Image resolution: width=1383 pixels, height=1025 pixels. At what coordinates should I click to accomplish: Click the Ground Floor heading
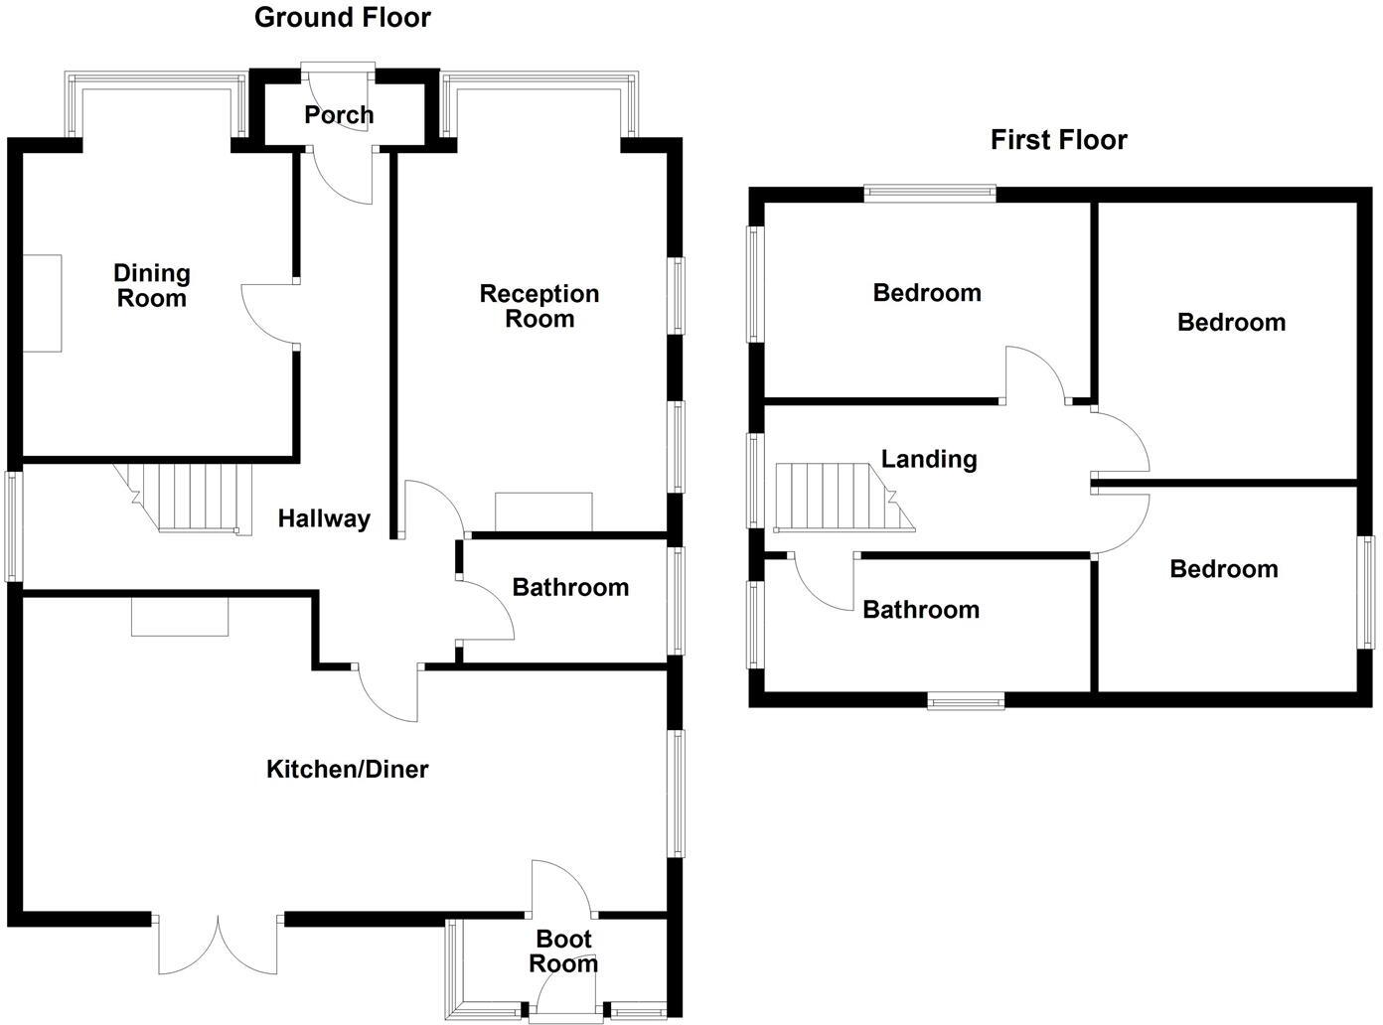point(343,18)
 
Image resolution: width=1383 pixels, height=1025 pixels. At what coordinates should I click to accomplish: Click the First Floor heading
point(1058,140)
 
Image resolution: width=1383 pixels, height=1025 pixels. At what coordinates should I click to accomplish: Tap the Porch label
point(339,115)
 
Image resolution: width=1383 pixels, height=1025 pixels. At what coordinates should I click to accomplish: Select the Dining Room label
point(151,285)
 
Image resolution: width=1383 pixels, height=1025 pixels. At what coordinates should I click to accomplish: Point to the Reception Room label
point(539,306)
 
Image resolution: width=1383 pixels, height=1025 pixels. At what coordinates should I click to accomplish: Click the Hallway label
point(324,518)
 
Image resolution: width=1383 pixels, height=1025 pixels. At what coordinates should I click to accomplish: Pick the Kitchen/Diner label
point(348,769)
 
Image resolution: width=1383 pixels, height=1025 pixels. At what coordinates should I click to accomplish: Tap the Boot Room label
point(563,951)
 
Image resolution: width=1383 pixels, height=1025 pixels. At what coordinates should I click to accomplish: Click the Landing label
point(929,459)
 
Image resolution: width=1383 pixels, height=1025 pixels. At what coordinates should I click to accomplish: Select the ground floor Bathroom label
point(570,587)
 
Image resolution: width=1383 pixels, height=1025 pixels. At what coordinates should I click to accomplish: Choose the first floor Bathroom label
point(921,610)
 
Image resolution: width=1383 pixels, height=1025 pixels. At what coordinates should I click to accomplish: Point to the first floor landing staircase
point(841,496)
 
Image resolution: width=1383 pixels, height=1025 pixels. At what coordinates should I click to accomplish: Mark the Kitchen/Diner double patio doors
point(218,944)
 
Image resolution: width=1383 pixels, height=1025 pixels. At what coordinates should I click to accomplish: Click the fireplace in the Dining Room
point(43,303)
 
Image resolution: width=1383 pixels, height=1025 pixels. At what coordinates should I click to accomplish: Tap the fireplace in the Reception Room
point(543,512)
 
